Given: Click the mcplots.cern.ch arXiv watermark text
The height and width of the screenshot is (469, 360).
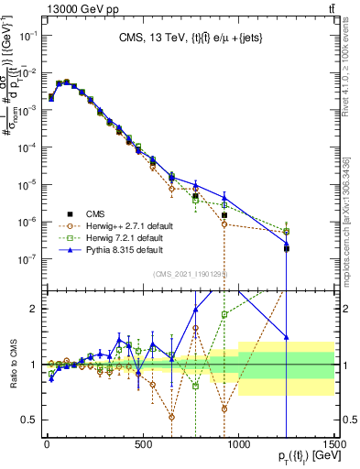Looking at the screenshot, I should tap(351, 220).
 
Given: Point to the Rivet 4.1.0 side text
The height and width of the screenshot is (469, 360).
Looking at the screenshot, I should tap(351, 64).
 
